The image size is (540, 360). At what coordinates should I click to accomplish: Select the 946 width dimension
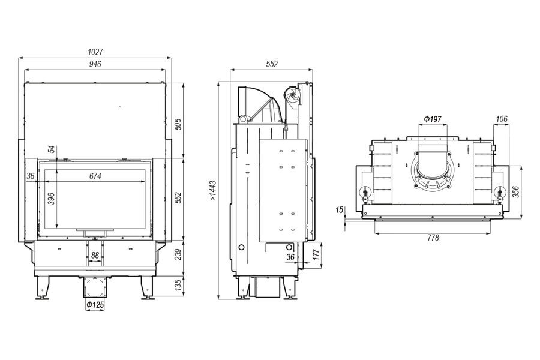coord(95,64)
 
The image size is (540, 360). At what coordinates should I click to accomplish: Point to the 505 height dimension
coord(178,124)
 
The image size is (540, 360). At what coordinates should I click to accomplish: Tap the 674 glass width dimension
coord(95,176)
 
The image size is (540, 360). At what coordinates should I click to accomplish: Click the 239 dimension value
coord(178,255)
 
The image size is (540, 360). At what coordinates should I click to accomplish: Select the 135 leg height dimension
coord(178,284)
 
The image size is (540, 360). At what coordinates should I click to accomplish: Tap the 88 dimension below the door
coord(95,256)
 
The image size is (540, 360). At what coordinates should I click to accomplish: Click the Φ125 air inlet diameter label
coord(95,307)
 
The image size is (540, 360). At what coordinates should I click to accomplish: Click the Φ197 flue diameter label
coord(432,119)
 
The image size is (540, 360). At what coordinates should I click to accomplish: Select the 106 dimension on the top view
coord(502,119)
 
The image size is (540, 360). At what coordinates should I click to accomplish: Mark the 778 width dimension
coord(433,238)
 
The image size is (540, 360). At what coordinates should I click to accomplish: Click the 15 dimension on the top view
coord(340,210)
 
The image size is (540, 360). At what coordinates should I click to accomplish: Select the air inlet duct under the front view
coord(95,287)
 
